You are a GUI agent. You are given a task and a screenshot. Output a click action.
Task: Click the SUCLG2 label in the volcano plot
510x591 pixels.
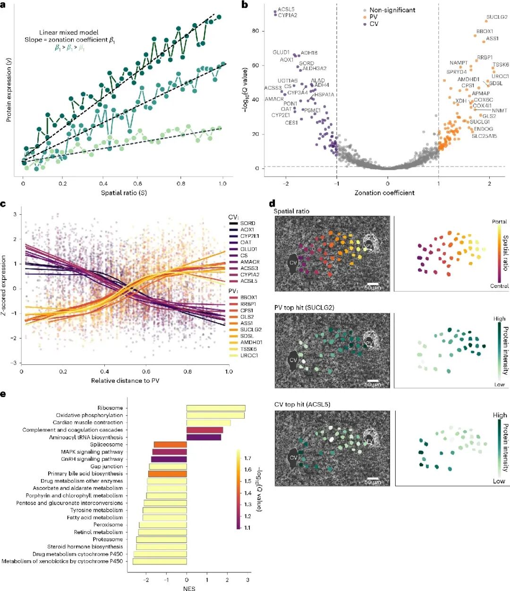[x=497, y=17]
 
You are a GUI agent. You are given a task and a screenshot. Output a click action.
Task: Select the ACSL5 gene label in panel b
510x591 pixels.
[x=286, y=9]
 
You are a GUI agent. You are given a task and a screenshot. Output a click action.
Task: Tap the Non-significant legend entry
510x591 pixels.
[x=392, y=10]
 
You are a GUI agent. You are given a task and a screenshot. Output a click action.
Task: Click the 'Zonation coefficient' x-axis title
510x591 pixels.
[x=384, y=193]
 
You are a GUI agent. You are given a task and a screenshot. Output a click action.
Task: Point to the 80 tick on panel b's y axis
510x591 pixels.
[x=255, y=31]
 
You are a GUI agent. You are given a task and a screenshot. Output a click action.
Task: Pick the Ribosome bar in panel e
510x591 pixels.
[x=216, y=408]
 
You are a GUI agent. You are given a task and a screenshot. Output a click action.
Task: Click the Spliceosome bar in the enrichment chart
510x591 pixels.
[x=170, y=444]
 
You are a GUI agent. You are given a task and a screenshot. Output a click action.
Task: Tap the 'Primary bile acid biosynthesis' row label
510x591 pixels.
[x=85, y=473]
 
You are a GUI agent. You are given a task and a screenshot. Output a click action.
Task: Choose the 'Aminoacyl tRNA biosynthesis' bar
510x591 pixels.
[x=204, y=437]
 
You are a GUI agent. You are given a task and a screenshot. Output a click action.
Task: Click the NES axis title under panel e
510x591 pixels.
[x=189, y=588]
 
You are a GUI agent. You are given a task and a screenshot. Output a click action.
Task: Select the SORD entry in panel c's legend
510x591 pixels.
[x=247, y=223]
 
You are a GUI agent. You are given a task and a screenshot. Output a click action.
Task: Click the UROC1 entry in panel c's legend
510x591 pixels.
[x=249, y=355]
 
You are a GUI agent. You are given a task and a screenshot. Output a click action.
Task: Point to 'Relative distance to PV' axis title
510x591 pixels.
[x=125, y=380]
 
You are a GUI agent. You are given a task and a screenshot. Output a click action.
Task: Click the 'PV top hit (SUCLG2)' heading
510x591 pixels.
[x=304, y=308]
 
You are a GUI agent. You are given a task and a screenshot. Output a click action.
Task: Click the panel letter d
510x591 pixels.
[x=272, y=203]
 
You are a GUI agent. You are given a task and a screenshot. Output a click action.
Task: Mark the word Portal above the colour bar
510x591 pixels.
[x=499, y=221]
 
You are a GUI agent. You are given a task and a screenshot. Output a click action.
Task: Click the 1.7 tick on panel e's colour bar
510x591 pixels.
[x=247, y=458]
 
